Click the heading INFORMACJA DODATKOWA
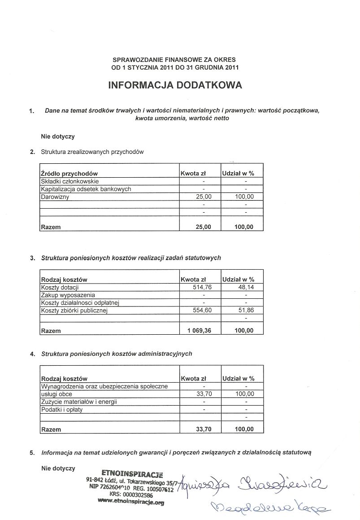175,85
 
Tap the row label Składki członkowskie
69,182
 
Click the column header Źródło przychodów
69,174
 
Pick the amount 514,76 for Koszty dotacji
202,288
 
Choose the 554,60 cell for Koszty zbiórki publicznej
202,310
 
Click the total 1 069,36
199,331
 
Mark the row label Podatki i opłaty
62,410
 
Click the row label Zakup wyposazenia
68,295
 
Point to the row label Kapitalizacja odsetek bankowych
86,189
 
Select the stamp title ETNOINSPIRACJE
132,473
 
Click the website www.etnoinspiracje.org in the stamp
130,503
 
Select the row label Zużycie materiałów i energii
79,402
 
